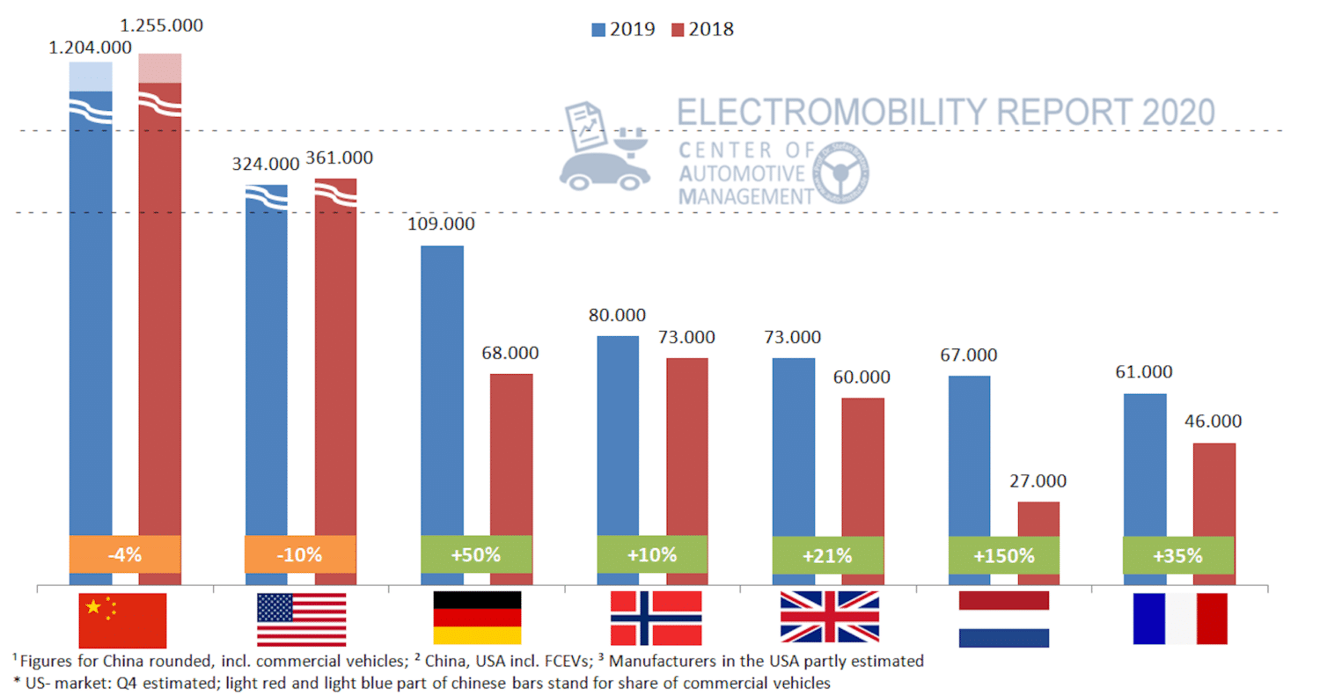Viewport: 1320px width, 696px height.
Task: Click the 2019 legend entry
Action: point(623,28)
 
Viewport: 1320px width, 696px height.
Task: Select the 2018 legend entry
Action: point(702,28)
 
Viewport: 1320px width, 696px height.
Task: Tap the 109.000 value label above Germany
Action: point(441,223)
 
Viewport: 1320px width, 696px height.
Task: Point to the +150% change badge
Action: point(1004,556)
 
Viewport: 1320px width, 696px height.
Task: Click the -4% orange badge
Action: point(124,556)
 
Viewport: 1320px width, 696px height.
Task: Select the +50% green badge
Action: point(476,555)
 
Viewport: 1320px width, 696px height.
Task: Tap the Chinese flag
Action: point(122,619)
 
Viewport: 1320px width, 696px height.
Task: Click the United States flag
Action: point(301,619)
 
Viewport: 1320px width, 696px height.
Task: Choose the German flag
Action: point(477,618)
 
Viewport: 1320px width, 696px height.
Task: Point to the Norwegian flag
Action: point(656,618)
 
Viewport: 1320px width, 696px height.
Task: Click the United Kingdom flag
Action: point(830,618)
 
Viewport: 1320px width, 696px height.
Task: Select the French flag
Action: point(1180,619)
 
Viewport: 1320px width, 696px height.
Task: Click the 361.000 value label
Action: point(339,158)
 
